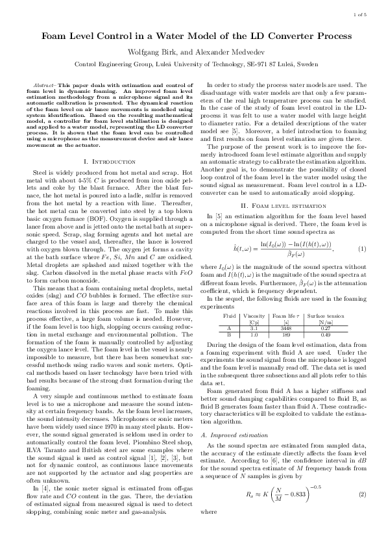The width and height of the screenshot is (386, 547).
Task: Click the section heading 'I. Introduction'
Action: pos(107,160)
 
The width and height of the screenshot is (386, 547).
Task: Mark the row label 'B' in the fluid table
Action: pos(229,335)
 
